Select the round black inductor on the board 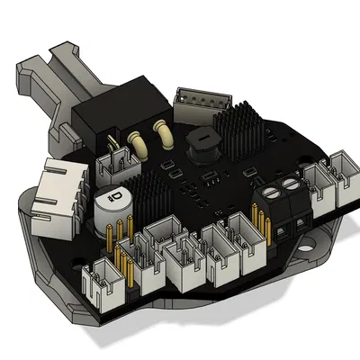pyautogui.click(x=199, y=145)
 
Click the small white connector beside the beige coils pyautogui.click(x=115, y=164)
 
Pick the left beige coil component pyautogui.click(x=139, y=139)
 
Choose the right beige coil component pyautogui.click(x=167, y=132)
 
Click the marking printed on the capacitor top pyautogui.click(x=116, y=195)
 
